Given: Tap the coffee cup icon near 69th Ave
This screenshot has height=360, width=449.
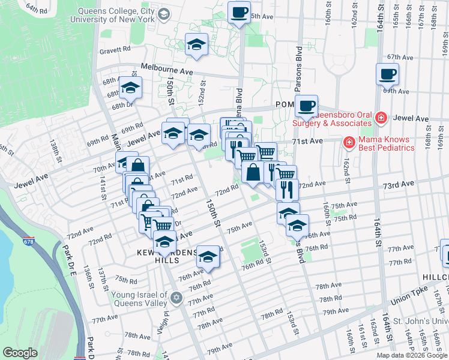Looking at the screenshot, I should pyautogui.click(x=387, y=74).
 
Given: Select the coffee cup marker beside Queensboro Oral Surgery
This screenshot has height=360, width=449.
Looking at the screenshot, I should pyautogui.click(x=306, y=106).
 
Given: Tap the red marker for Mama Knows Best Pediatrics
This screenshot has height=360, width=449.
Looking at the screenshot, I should pyautogui.click(x=348, y=143).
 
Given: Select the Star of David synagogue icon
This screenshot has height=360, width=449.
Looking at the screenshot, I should pyautogui.click(x=176, y=298).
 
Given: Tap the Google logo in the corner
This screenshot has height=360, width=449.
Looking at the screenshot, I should pyautogui.click(x=20, y=353).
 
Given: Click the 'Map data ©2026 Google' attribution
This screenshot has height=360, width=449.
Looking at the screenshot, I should pyautogui.click(x=411, y=355).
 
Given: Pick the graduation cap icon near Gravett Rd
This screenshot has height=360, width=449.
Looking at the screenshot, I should pyautogui.click(x=196, y=45).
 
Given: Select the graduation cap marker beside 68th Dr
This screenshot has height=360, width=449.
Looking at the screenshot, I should pyautogui.click(x=130, y=88).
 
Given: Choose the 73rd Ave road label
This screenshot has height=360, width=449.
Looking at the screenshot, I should pyautogui.click(x=399, y=183).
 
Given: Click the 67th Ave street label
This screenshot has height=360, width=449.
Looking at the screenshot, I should pyautogui.click(x=401, y=57).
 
